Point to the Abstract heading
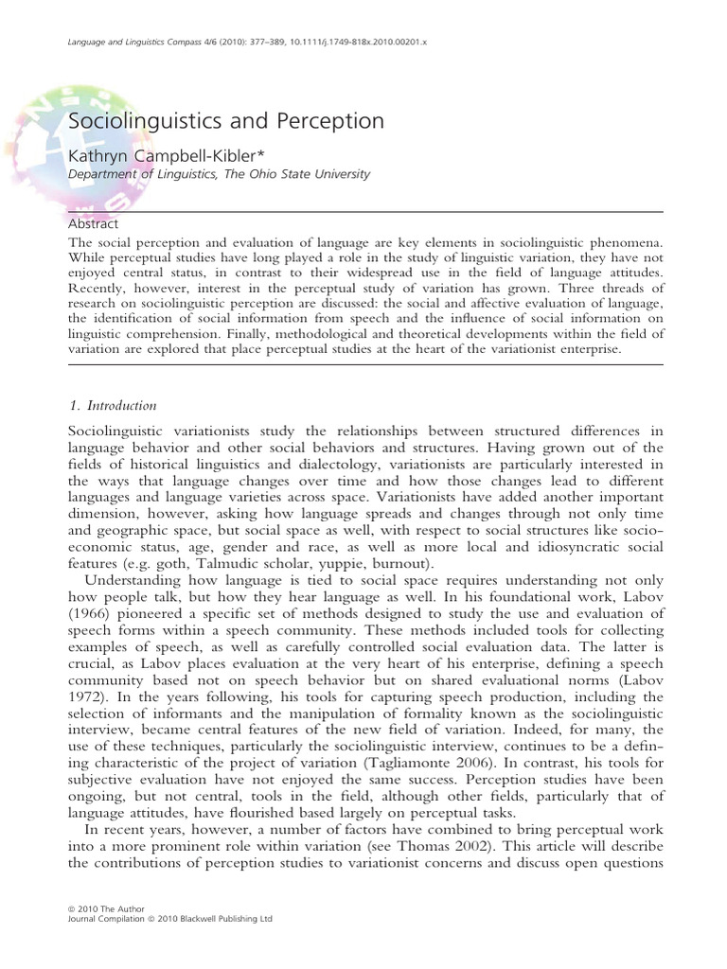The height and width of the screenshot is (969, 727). [x=93, y=224]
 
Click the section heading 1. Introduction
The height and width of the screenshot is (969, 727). [x=112, y=406]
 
